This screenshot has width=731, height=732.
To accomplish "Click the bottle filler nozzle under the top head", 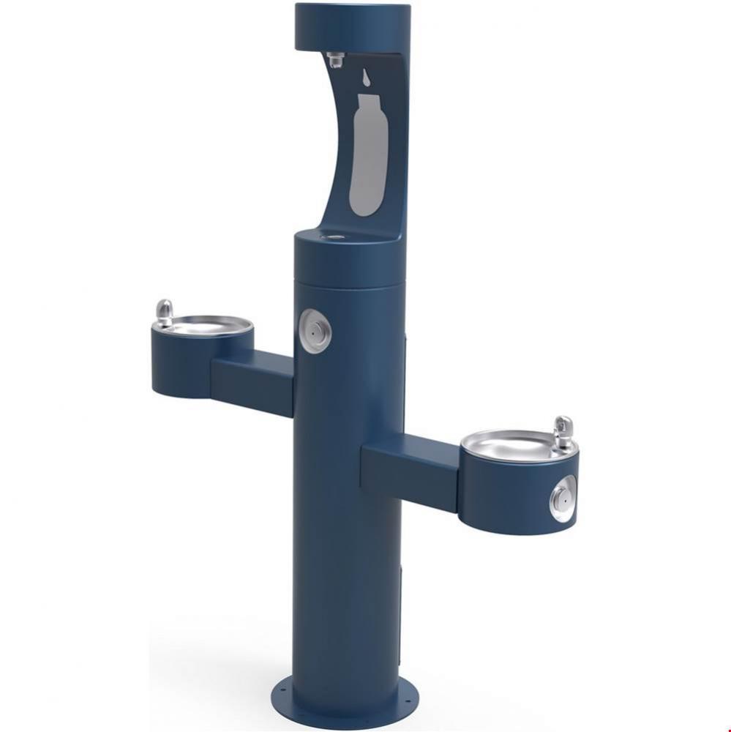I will pos(336,59).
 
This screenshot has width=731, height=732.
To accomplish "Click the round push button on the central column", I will pos(315,331).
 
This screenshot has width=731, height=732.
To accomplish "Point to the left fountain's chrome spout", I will pos(165,313).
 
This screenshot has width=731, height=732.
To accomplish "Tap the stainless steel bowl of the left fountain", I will pos(206,324).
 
